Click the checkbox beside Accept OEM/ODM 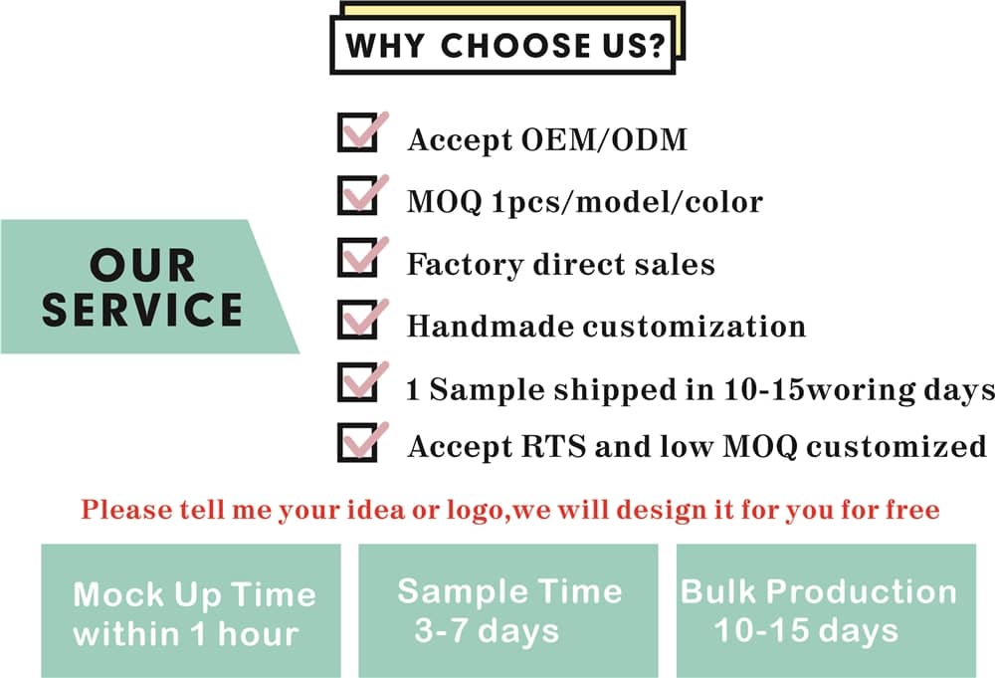(x=357, y=132)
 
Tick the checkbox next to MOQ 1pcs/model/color (x=357, y=195)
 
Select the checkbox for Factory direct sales (x=357, y=257)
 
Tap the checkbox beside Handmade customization (x=357, y=320)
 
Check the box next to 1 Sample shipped (x=357, y=382)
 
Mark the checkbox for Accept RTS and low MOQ (x=357, y=442)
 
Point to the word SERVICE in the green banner (x=142, y=310)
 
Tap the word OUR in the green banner (x=142, y=265)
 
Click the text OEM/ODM (x=604, y=139)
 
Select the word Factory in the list (x=465, y=265)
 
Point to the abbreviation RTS (x=553, y=446)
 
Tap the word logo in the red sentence (x=475, y=511)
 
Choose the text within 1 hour (x=186, y=633)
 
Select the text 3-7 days (x=488, y=631)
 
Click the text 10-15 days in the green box (x=806, y=631)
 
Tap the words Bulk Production (x=819, y=591)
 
